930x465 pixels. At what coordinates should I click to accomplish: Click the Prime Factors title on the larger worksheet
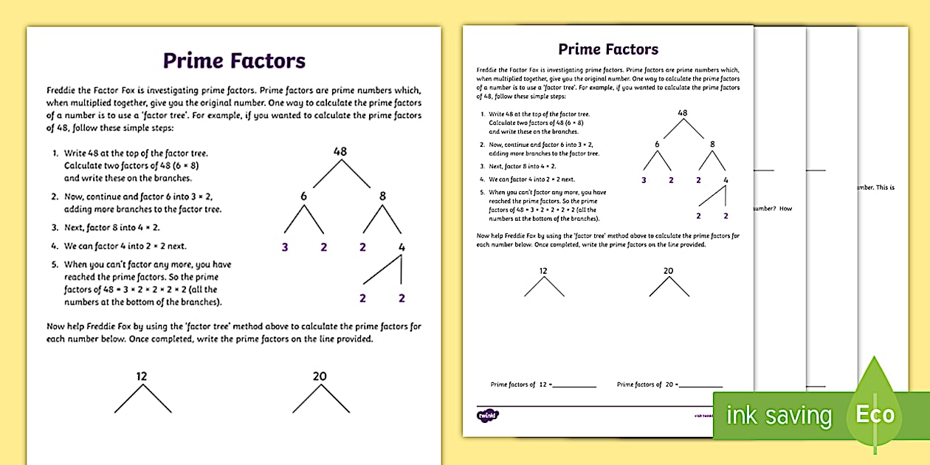point(234,61)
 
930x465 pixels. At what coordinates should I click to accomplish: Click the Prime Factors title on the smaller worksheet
point(608,49)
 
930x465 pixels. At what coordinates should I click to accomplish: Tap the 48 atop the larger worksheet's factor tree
point(340,151)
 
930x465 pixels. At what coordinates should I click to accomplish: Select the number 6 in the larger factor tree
point(303,196)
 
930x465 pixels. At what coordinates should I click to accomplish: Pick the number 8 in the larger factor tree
point(382,196)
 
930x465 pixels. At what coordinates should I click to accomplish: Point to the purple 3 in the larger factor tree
point(285,247)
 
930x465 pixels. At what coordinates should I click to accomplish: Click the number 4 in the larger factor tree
point(402,247)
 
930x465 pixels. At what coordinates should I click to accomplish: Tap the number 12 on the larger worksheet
point(142,376)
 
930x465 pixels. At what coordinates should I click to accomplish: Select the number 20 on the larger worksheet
point(320,376)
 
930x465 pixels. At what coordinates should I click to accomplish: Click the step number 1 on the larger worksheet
point(55,154)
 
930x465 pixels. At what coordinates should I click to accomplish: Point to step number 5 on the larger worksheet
point(55,264)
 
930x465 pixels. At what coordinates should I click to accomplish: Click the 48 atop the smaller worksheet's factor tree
point(683,113)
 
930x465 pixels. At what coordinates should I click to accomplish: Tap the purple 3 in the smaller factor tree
point(644,179)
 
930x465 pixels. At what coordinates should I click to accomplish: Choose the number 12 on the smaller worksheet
point(544,271)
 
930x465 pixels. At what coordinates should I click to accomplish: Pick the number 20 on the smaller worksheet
point(669,271)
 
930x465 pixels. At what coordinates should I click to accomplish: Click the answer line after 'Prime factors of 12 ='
point(573,386)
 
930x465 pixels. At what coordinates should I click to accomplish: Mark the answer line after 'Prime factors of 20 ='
point(700,386)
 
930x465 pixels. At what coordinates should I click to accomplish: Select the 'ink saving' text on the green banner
point(779,416)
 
